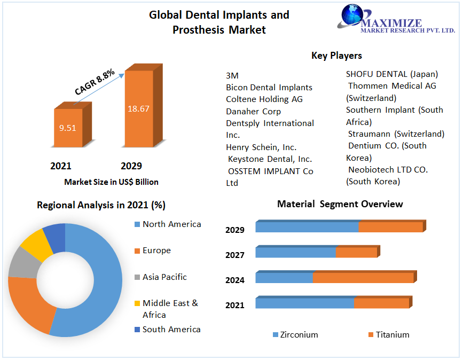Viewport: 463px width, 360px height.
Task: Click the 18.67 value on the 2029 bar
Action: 138,108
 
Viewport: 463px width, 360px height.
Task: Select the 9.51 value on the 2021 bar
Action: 68,128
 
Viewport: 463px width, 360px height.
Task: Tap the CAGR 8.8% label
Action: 95,82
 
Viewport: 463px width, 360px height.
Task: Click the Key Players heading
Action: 336,56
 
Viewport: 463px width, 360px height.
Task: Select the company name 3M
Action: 232,75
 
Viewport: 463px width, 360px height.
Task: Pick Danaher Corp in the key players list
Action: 253,111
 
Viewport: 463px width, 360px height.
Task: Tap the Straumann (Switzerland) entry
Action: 396,134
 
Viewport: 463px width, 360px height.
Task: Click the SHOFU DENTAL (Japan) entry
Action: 391,74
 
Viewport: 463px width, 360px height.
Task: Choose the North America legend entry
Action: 171,224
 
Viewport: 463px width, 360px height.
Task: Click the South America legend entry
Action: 171,330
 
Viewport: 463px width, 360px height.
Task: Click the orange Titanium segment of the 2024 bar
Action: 363,278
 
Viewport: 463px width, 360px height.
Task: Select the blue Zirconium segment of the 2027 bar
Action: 296,252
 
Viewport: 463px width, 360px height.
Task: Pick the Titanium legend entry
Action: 392,335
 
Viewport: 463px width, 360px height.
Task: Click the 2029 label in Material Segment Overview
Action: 235,230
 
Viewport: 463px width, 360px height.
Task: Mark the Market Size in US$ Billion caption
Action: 111,182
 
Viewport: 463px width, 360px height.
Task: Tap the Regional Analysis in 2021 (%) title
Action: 101,205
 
